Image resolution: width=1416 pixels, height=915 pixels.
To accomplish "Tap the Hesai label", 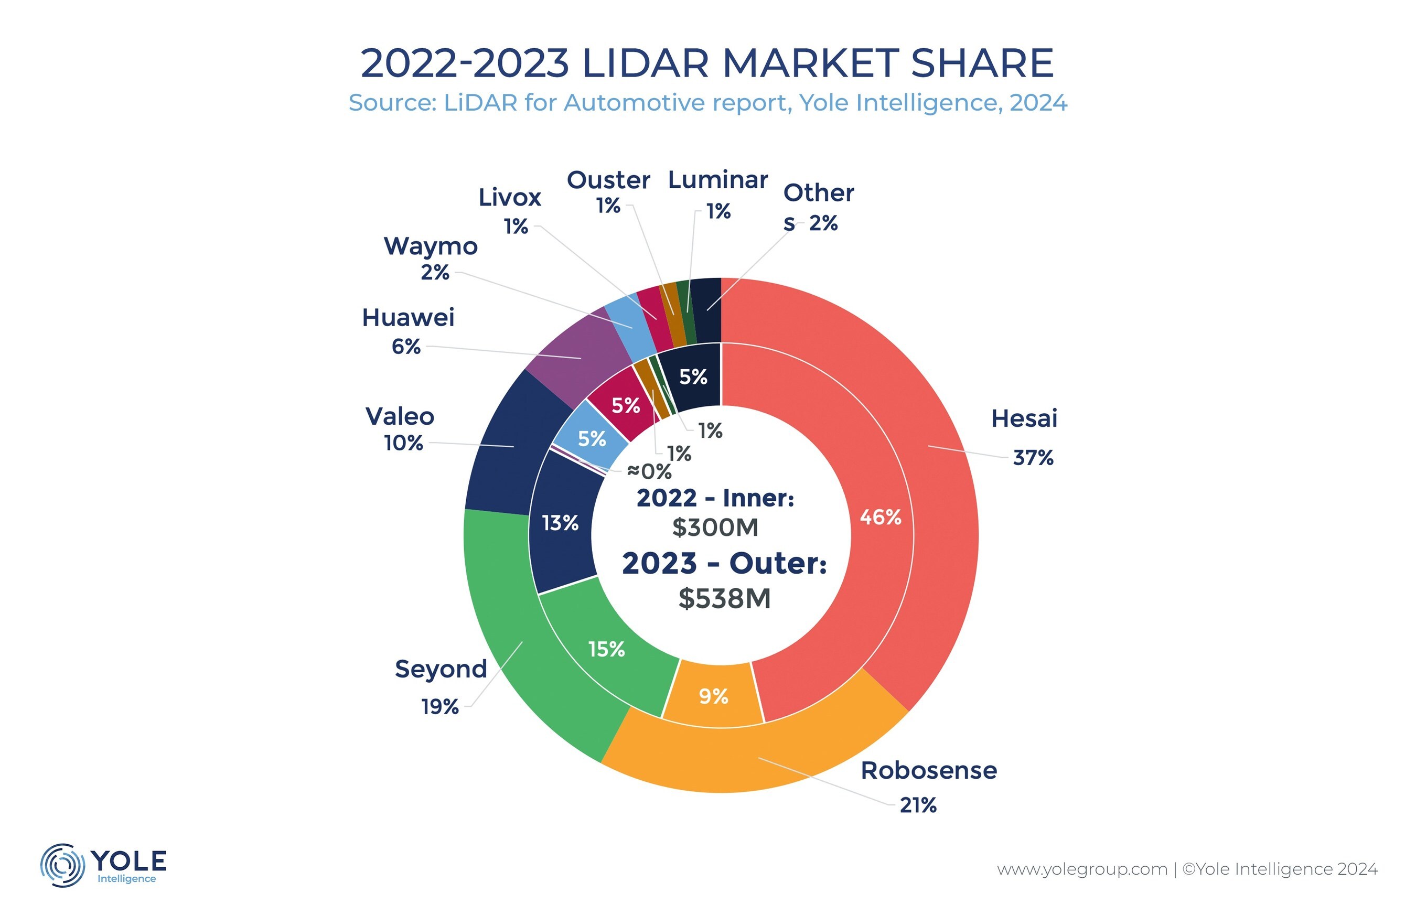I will click(1024, 419).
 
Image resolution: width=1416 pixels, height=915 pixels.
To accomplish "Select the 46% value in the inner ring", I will click(880, 518).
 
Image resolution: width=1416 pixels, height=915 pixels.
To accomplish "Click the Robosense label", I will click(928, 771).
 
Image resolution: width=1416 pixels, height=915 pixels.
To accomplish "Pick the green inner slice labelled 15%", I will click(606, 649).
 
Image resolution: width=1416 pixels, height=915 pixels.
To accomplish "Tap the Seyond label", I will click(441, 669).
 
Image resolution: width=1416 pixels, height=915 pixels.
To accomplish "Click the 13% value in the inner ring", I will click(560, 523).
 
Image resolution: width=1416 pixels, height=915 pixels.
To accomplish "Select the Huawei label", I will click(407, 318).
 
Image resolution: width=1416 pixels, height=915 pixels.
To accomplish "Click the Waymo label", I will click(430, 246).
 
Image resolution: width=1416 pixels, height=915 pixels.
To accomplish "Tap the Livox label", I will click(509, 197).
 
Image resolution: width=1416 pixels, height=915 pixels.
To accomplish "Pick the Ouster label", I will click(608, 180).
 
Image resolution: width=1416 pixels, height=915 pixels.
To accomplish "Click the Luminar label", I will click(717, 179).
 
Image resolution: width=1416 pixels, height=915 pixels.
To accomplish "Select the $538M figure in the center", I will click(724, 598).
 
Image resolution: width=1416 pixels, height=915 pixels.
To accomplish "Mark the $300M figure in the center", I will click(715, 528).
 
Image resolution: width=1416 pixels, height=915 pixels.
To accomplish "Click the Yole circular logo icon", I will click(62, 865).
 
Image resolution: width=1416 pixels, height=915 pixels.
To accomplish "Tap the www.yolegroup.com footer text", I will click(1081, 869).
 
